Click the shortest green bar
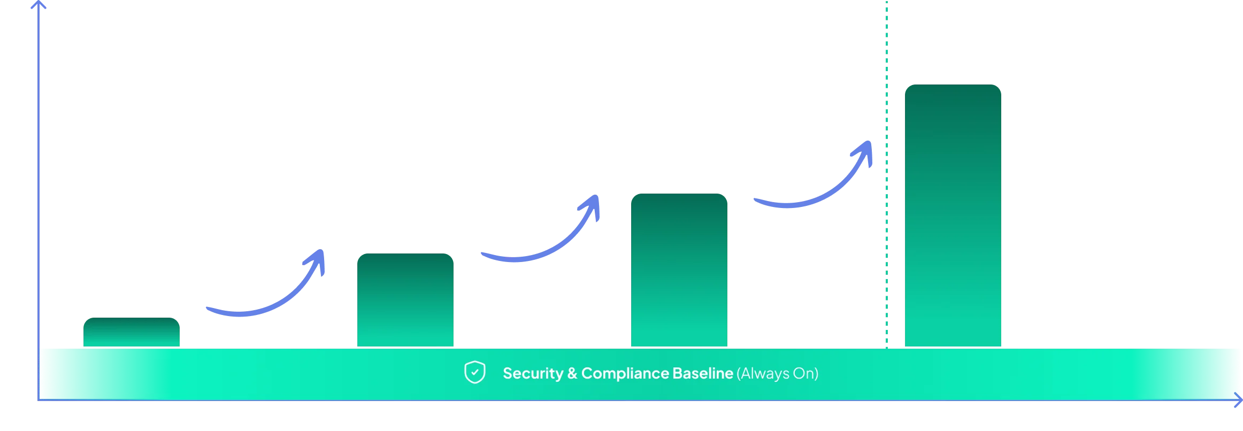132,332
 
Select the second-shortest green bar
405,300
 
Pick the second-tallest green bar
679,270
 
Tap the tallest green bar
953,215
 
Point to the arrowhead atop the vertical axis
39,4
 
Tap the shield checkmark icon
475,372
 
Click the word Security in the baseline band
533,373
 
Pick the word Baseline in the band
702,373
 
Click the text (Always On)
778,373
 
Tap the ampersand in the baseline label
572,373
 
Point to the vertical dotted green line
886,174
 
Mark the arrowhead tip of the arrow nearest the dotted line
870,142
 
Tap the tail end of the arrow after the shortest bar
208,309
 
